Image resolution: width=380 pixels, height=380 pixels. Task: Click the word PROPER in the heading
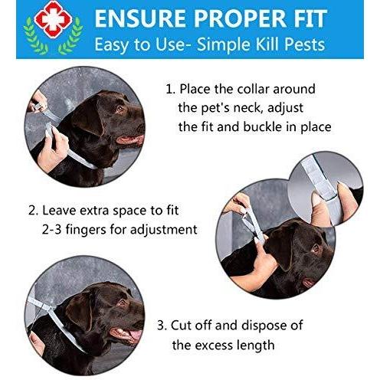pos(241,18)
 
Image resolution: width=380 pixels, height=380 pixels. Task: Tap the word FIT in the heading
pos(311,18)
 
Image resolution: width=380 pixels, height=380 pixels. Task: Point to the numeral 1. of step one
pos(170,90)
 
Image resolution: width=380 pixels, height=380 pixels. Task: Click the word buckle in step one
pos(262,126)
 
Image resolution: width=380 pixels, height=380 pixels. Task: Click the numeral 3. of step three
pos(162,326)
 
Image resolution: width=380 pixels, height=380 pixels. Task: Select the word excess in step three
pos(212,346)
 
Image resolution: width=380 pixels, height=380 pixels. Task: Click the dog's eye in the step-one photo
pos(120,109)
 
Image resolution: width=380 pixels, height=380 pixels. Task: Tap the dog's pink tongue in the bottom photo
pos(135,335)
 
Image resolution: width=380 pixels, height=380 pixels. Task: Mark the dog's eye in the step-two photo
pos(316,247)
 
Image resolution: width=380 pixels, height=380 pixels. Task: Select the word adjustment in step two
pos(164,230)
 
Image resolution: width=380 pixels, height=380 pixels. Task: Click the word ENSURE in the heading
pos(140,18)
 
